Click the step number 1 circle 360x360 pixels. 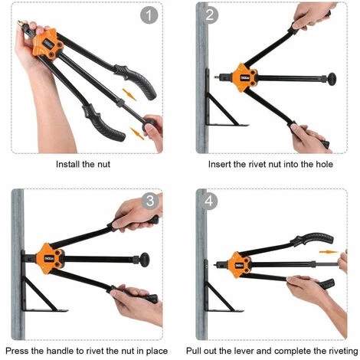click(x=149, y=15)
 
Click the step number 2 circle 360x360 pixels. click(x=209, y=15)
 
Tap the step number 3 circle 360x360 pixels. click(x=150, y=201)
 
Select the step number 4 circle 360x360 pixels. click(x=208, y=201)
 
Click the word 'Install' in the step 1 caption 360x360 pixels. click(x=67, y=164)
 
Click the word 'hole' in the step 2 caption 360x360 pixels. click(x=324, y=164)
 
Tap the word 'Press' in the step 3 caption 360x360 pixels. click(x=17, y=351)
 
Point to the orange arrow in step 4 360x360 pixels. click(x=329, y=252)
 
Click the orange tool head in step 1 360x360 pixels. click(x=48, y=44)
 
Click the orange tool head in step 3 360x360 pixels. click(x=50, y=259)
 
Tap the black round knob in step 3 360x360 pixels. click(x=144, y=260)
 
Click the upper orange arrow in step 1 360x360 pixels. click(x=129, y=95)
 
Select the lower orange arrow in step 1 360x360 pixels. click(x=137, y=133)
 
